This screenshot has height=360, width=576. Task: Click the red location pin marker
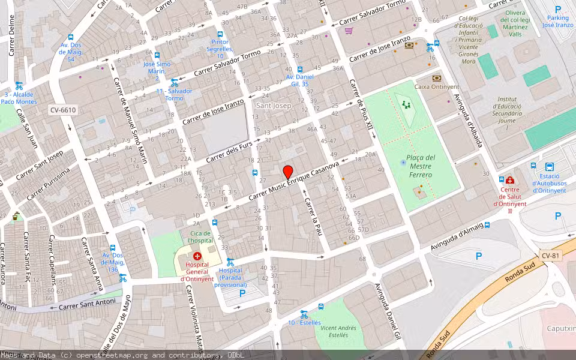coord(288,171)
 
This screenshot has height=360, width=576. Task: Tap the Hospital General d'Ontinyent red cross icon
coord(197,256)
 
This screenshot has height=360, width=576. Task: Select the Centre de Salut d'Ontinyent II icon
coord(509,180)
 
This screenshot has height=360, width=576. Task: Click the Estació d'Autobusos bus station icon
coord(549,167)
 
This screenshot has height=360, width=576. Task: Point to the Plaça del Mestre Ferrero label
coord(420,166)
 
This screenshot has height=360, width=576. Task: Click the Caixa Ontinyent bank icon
coord(436,78)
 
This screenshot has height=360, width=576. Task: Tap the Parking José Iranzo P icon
coord(558,10)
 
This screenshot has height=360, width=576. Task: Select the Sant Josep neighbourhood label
coord(274,106)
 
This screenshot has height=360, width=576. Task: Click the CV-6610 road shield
coord(64,110)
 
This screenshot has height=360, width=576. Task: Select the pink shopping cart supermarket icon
coord(349,31)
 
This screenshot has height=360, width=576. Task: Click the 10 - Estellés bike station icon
coord(304,313)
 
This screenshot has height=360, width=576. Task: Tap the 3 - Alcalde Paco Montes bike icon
coord(19,85)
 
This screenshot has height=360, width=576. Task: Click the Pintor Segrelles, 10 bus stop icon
coord(220,34)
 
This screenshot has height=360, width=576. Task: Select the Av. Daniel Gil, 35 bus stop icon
coord(299,69)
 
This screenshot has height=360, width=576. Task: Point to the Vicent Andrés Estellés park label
coord(338,332)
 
